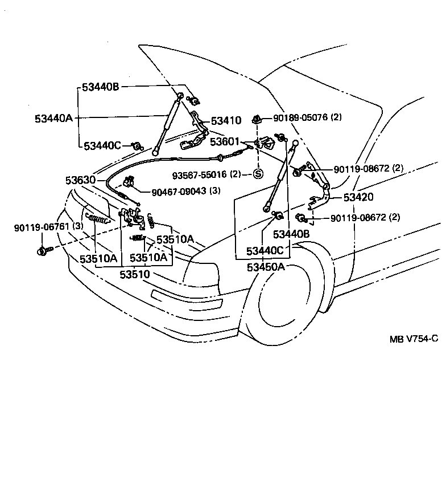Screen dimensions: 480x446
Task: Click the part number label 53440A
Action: point(53,118)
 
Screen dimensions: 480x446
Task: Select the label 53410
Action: point(226,121)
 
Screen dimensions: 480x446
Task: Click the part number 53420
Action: point(358,197)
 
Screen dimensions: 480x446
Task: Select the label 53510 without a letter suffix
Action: point(134,274)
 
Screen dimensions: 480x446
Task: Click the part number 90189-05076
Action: point(300,117)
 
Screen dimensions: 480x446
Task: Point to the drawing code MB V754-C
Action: point(414,338)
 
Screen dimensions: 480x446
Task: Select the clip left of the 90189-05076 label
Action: point(258,119)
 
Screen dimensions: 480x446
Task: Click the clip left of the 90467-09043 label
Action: point(129,182)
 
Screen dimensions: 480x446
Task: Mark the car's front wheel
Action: point(283,297)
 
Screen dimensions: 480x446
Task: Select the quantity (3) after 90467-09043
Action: point(214,191)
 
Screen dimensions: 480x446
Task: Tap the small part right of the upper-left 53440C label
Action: point(137,147)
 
